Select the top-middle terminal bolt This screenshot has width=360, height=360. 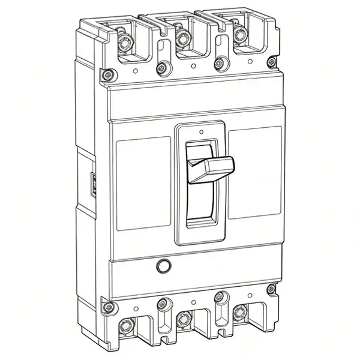182,39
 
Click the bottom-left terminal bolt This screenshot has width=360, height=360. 126,326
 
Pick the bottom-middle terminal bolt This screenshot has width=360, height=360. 184,317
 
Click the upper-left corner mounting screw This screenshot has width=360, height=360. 107,75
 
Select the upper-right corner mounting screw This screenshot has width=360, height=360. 272,62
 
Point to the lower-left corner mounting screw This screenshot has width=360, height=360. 107,308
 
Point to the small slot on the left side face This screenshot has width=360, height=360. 94,182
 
